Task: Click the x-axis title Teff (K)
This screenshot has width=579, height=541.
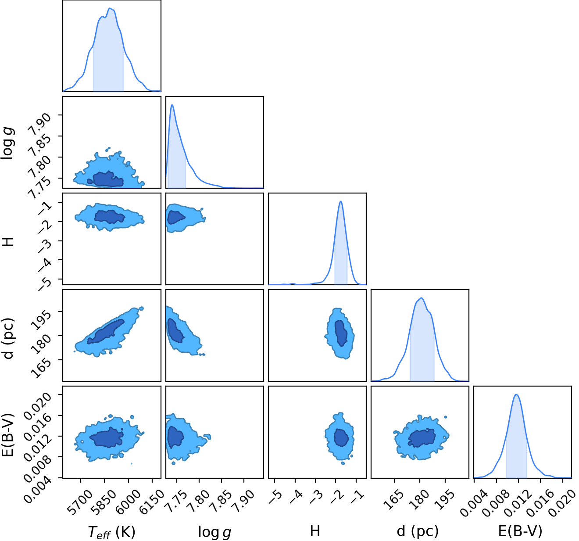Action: pyautogui.click(x=111, y=532)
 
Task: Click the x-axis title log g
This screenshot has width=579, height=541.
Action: pyautogui.click(x=214, y=532)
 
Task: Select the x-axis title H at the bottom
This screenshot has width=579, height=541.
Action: pyautogui.click(x=315, y=531)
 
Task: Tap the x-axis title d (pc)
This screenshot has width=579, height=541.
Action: pyautogui.click(x=418, y=532)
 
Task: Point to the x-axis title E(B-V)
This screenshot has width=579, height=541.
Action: pyautogui.click(x=520, y=532)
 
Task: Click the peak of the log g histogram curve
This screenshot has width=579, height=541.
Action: pyautogui.click(x=172, y=105)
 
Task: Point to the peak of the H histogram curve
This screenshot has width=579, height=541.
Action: pyautogui.click(x=340, y=201)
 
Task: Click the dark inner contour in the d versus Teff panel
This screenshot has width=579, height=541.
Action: pyautogui.click(x=106, y=332)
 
